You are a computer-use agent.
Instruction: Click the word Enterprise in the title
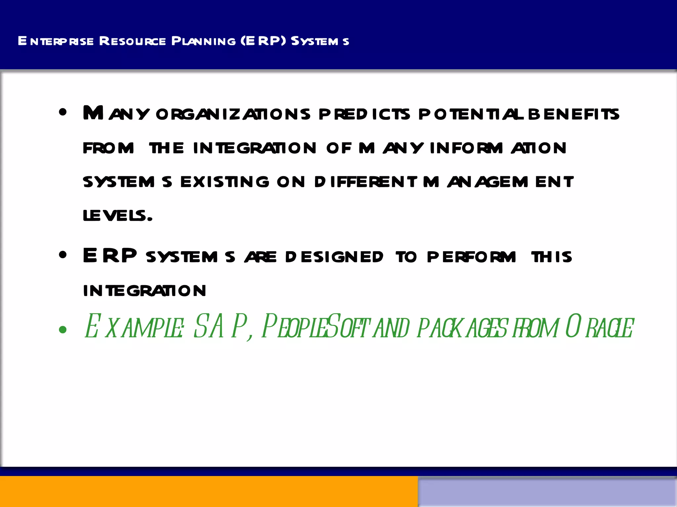(x=56, y=41)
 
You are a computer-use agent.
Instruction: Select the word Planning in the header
(x=203, y=41)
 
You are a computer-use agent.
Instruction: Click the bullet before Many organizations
(x=63, y=113)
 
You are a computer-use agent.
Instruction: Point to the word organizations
(x=233, y=114)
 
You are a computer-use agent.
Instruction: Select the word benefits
(x=574, y=114)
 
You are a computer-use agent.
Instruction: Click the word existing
(x=225, y=182)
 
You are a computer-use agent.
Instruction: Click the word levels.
(x=117, y=216)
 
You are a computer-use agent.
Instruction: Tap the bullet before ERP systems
(x=63, y=255)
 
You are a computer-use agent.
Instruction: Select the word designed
(x=334, y=257)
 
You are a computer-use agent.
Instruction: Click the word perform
(x=471, y=257)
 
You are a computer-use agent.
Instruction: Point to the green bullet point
(x=63, y=329)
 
